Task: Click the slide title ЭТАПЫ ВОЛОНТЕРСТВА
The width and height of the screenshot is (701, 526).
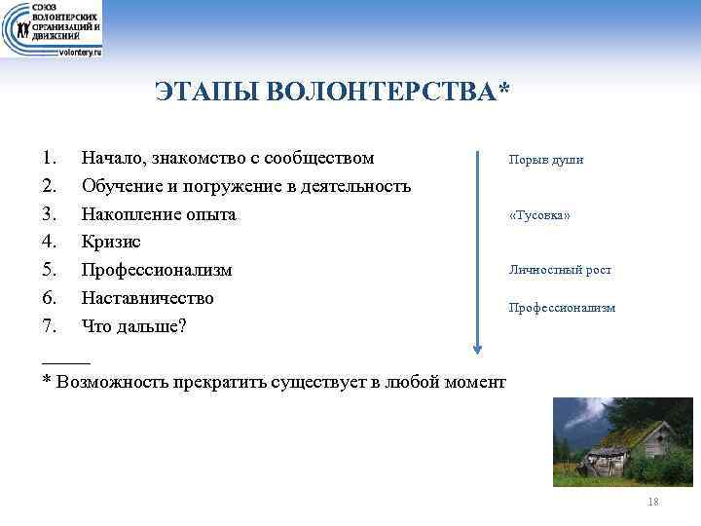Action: [x=332, y=92]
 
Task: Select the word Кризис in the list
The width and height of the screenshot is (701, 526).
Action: [x=111, y=242]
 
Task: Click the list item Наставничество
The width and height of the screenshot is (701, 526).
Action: [x=147, y=297]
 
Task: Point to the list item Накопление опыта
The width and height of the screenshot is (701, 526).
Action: [x=159, y=213]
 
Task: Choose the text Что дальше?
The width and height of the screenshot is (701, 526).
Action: [x=133, y=325]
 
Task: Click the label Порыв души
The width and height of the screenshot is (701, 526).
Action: [x=545, y=160]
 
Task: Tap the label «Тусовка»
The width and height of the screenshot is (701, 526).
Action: [x=539, y=215]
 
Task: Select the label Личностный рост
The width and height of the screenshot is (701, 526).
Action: [x=560, y=270]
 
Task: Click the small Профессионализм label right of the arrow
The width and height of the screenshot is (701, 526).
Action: [x=562, y=307]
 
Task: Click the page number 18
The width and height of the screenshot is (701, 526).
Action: [x=652, y=502]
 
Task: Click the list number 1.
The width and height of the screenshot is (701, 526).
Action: [x=51, y=158]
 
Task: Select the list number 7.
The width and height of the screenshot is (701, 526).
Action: [x=51, y=325]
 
